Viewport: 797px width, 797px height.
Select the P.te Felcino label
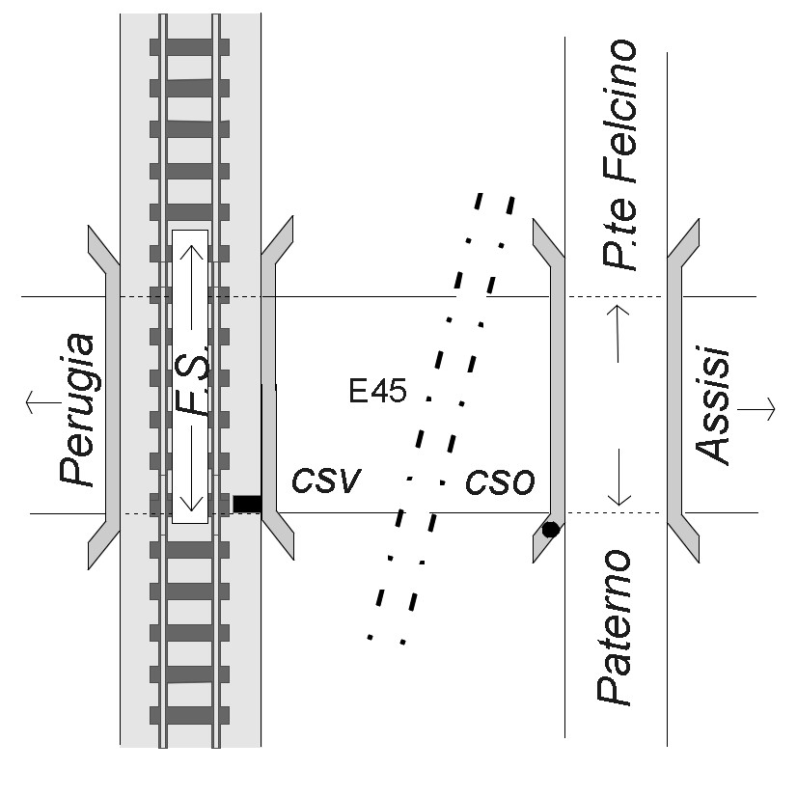[x=618, y=154]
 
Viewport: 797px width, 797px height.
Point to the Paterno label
[x=615, y=627]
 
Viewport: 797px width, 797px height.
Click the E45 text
[x=378, y=392]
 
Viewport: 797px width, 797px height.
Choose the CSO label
[x=500, y=481]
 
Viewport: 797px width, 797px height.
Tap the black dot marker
[x=550, y=529]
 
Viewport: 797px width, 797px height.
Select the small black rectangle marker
[x=247, y=503]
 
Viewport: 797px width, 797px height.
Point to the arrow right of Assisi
[x=756, y=409]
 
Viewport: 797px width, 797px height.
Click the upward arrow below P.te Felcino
[x=618, y=333]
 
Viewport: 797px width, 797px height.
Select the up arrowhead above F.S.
[x=190, y=253]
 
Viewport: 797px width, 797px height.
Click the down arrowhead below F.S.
[x=190, y=501]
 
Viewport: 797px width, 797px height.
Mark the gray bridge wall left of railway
[x=111, y=396]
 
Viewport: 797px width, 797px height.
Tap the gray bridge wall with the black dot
[x=556, y=386]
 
